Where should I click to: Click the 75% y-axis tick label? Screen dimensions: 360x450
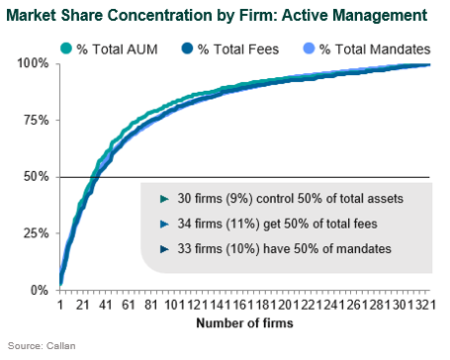pyautogui.click(x=37, y=120)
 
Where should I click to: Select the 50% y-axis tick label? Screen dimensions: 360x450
pyautogui.click(x=37, y=177)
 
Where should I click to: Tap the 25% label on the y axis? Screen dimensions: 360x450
pyautogui.click(x=37, y=233)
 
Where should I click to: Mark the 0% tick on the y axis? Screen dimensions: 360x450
pyautogui.click(x=40, y=290)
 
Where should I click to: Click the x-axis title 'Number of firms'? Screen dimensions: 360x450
pyautogui.click(x=246, y=323)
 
